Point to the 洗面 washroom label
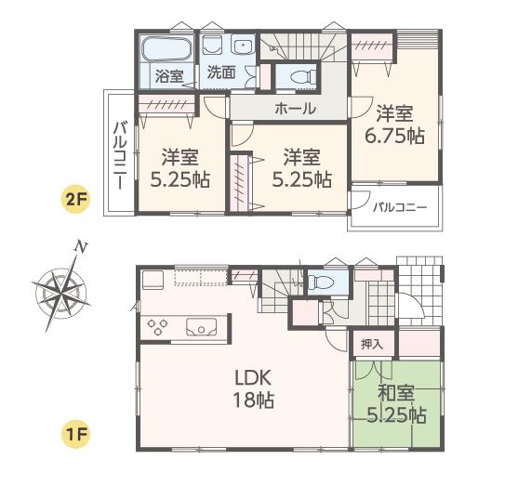click(220, 72)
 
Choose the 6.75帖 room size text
click(400, 136)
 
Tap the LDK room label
click(252, 378)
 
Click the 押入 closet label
click(372, 344)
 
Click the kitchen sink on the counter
click(202, 327)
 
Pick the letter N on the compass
click(82, 247)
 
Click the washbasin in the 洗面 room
click(243, 46)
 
